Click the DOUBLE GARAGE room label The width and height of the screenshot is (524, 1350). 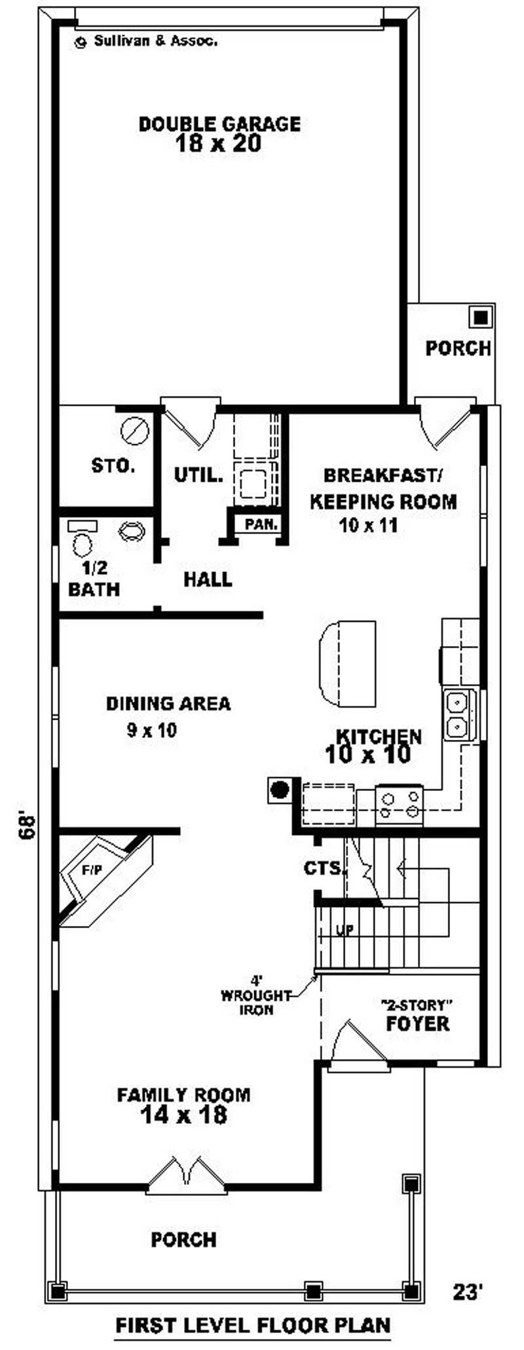pos(219,123)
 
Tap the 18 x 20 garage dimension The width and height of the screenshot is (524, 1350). pos(219,144)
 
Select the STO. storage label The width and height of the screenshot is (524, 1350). pos(113,466)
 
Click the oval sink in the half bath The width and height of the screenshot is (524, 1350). pos(132,530)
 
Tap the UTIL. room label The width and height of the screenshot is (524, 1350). pos(198,474)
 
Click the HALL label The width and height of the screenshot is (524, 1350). pos(208,579)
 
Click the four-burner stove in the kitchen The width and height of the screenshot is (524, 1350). pos(400,805)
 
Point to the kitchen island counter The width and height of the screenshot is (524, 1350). pos(347,663)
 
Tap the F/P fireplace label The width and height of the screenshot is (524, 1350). pos(92,870)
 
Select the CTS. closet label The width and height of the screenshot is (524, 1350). pos(324,868)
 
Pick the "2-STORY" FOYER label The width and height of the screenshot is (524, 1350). pos(418,1015)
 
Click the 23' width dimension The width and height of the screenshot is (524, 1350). pos(468,1292)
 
